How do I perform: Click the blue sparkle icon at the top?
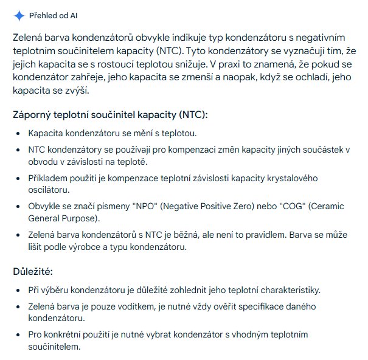tap(19, 16)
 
